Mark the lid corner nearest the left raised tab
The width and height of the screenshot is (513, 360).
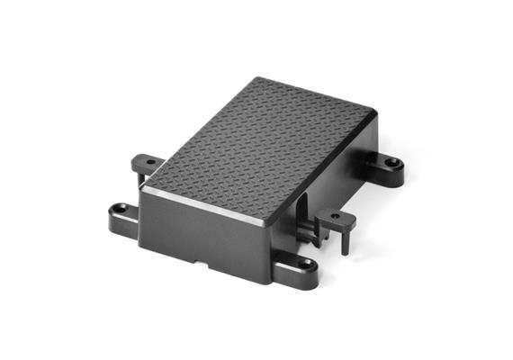click(x=146, y=176)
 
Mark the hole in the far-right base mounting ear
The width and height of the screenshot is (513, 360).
click(x=393, y=165)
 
